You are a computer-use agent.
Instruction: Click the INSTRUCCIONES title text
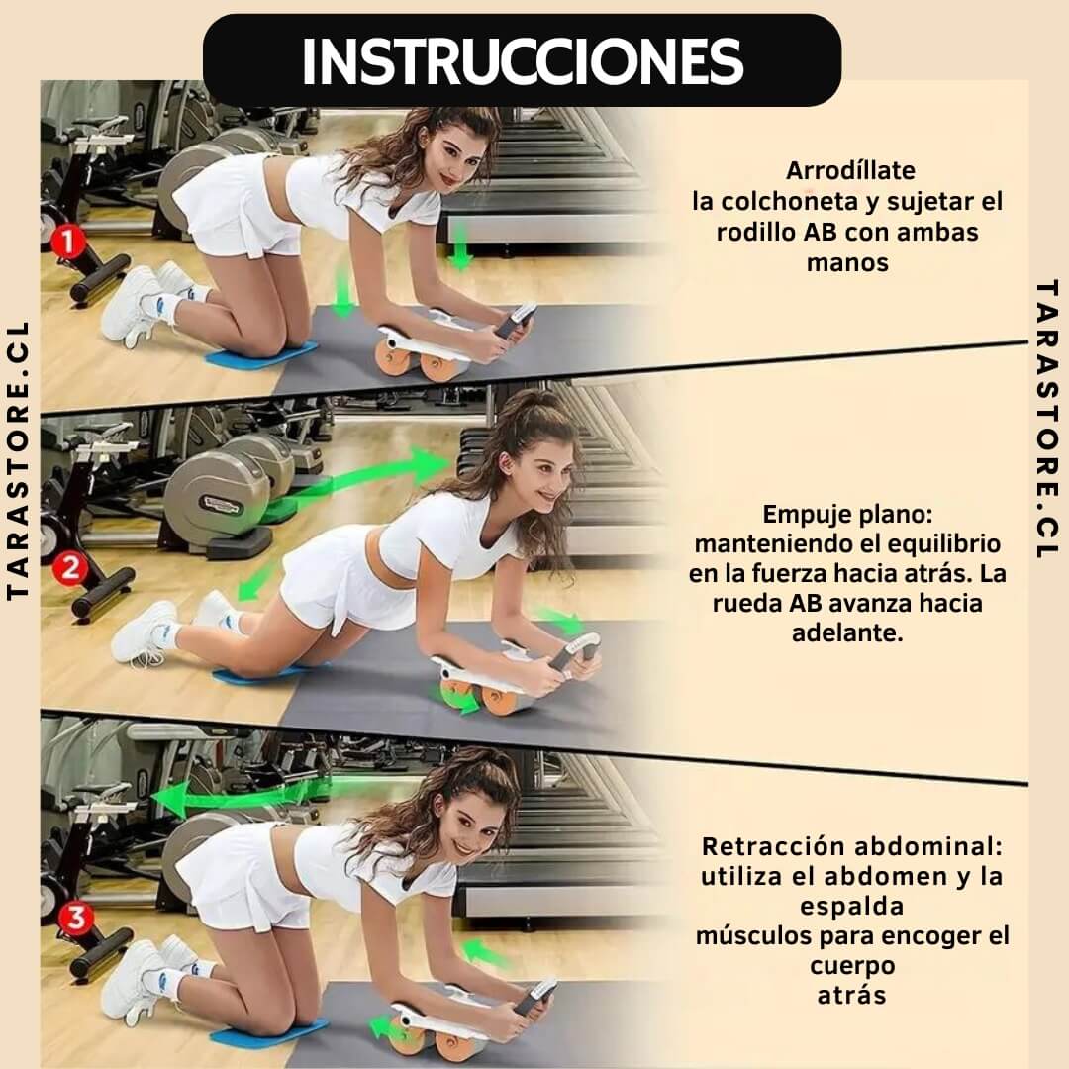click(523, 61)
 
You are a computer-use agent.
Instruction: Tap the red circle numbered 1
click(67, 243)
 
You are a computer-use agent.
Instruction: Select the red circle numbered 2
click(70, 567)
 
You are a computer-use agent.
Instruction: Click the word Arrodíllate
click(850, 170)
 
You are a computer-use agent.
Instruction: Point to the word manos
click(847, 262)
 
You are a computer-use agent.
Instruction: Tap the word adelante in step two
click(847, 633)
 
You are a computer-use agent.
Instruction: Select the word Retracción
click(773, 846)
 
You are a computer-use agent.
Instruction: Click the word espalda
click(851, 907)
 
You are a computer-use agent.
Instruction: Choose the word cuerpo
click(852, 966)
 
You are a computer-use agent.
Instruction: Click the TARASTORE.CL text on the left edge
click(19, 460)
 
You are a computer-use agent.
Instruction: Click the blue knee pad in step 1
click(261, 353)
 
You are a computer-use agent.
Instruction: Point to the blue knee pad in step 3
click(269, 1034)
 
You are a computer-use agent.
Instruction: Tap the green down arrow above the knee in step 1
click(343, 292)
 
